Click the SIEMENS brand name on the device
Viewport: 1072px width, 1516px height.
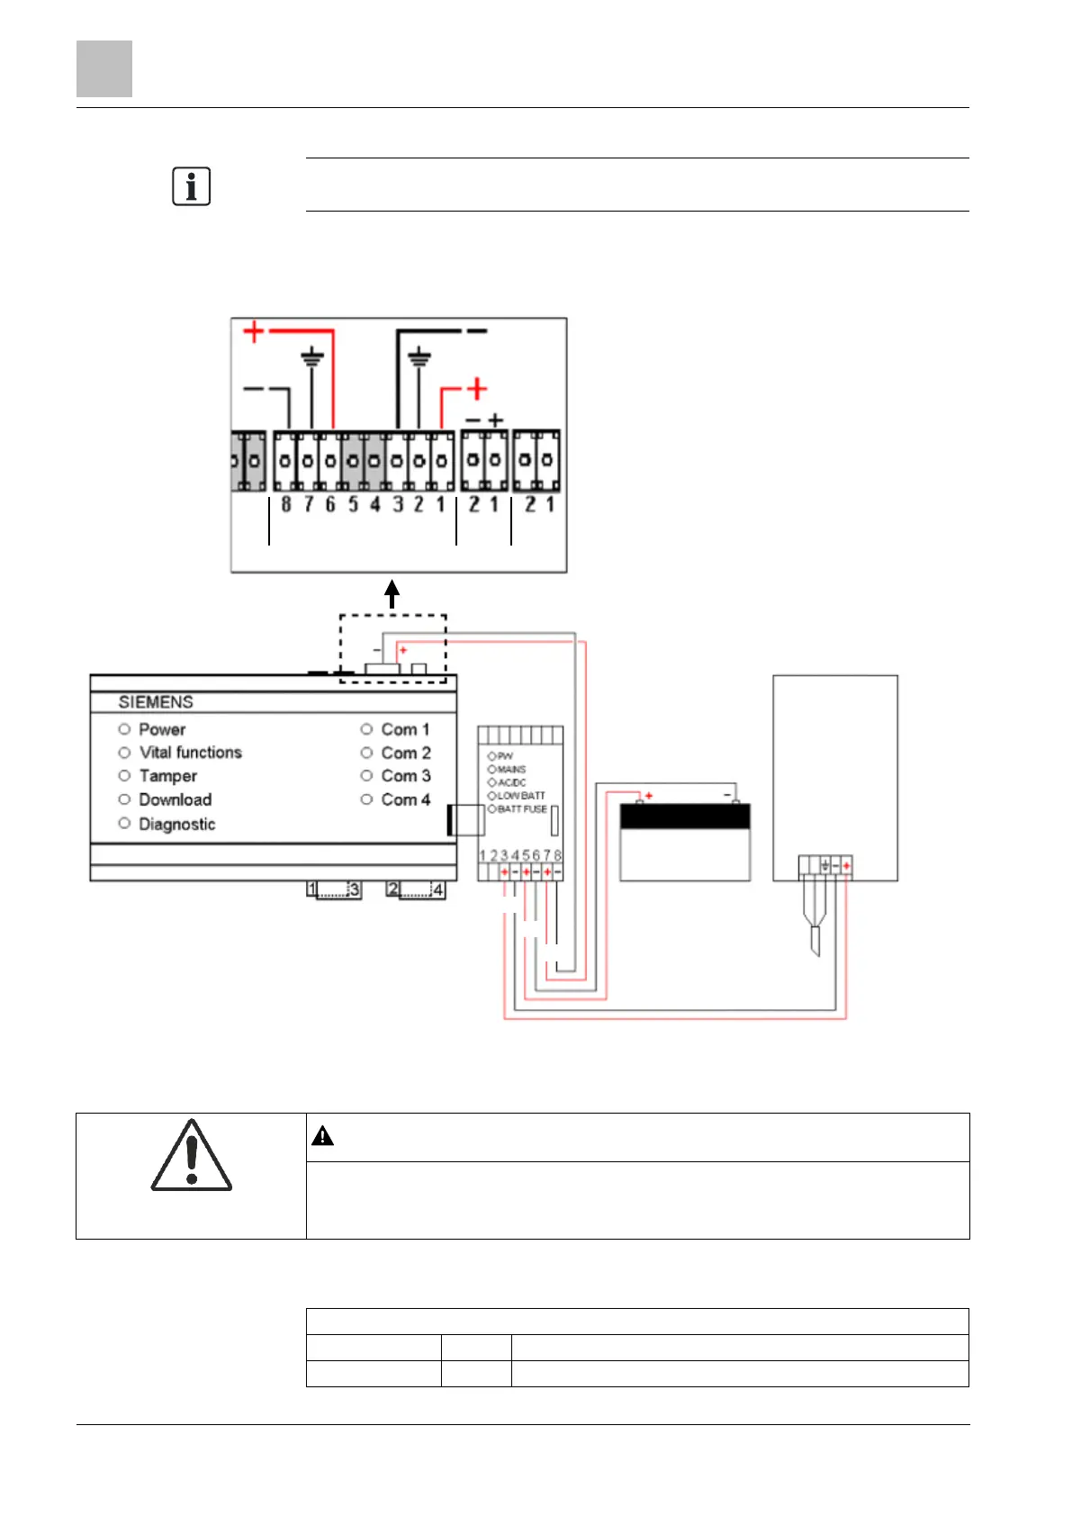coord(156,702)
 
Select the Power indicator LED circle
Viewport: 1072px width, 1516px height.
coord(125,729)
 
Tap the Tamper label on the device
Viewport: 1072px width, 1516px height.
coord(167,776)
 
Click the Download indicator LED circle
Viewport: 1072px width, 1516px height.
coord(125,799)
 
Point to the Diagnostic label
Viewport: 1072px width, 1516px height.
coord(176,824)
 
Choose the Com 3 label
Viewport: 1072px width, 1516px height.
coord(405,776)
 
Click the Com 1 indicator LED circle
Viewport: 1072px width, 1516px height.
coord(366,729)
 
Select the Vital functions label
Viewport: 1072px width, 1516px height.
coord(190,753)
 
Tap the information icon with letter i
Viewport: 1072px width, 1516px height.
coord(191,186)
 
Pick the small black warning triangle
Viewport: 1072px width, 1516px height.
coord(322,1136)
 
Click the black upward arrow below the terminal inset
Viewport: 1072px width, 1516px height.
coord(392,594)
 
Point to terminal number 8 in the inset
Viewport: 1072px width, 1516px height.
coord(286,504)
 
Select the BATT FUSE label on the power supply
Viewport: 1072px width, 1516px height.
coord(522,809)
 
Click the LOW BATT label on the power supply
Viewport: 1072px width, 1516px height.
coord(521,796)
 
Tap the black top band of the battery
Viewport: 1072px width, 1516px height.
coord(685,817)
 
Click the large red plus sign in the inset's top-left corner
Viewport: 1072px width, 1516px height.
coord(254,331)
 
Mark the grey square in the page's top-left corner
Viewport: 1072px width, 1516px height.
coord(104,68)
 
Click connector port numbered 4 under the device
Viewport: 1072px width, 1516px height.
coord(437,889)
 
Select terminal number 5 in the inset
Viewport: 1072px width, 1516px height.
coord(353,504)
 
